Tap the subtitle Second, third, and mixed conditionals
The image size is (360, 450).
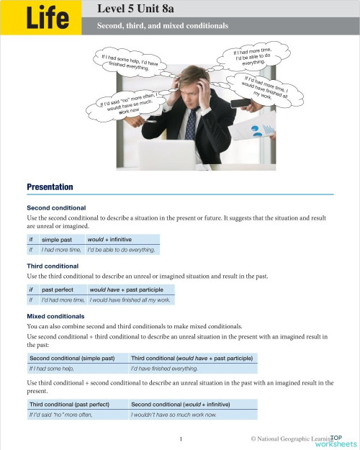tap(163, 26)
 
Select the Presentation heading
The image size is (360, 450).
tap(50, 187)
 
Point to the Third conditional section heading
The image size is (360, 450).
tap(52, 266)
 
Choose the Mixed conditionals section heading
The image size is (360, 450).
tap(55, 316)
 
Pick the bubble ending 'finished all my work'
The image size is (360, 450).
tap(265, 87)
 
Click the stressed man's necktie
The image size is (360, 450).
tap(191, 124)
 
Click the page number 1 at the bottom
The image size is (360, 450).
tap(181, 438)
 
